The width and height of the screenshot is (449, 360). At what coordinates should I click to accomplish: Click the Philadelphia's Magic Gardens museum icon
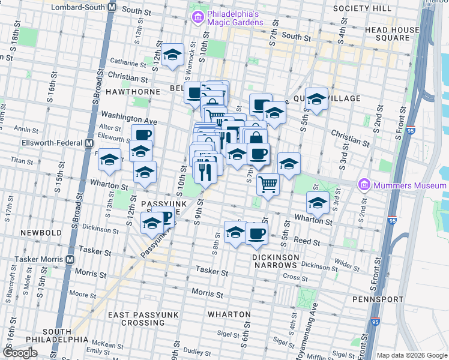(197, 18)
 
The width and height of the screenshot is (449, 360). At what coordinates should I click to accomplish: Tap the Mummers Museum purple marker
(364, 185)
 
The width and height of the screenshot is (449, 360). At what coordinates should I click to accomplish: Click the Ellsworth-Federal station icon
(89, 143)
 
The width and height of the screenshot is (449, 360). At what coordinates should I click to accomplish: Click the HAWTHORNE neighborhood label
(133, 92)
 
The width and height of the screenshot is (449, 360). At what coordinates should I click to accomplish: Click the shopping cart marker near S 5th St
(268, 184)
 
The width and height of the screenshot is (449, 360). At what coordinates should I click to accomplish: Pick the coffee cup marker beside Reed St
(256, 233)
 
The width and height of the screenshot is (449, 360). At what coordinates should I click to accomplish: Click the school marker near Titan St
(109, 160)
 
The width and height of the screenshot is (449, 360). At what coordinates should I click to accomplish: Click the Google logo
(20, 353)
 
